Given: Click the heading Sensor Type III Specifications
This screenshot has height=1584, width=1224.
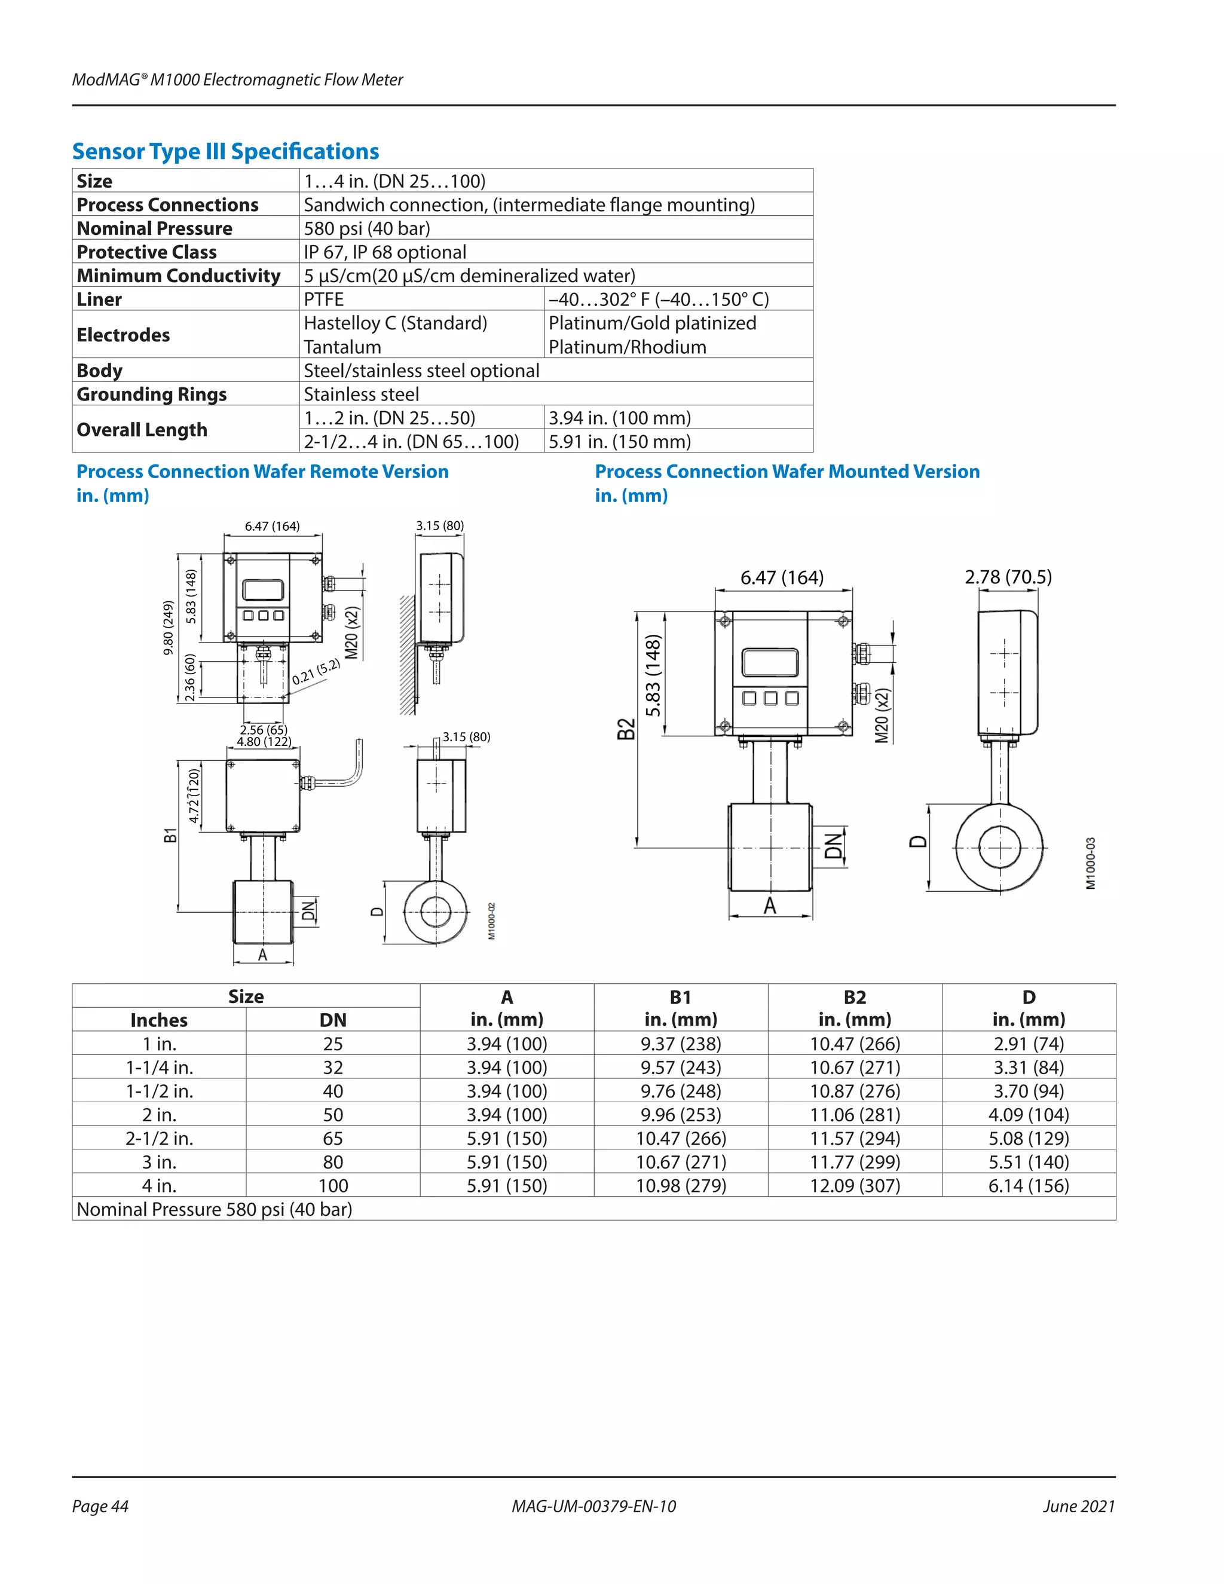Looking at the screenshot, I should (x=225, y=152).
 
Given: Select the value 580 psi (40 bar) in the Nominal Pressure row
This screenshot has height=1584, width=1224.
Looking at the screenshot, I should (x=367, y=228).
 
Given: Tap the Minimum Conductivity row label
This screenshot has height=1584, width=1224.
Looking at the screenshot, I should (x=178, y=276).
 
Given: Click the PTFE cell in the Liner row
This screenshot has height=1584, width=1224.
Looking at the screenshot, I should (x=323, y=299).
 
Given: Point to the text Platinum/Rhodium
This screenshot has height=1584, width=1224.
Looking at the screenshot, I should (x=627, y=347).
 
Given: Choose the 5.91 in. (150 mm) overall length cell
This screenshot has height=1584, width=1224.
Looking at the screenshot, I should (x=619, y=442).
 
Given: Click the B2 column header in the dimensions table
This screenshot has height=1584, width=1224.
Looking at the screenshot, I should (x=854, y=1007).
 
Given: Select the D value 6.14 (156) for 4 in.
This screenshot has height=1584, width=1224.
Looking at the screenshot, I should (x=1028, y=1185).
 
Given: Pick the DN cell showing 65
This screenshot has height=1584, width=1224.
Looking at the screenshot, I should (x=333, y=1138).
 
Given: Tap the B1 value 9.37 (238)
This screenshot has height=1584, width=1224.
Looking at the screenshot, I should (x=680, y=1044).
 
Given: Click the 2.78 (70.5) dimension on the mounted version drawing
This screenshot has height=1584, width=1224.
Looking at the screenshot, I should (x=1007, y=577).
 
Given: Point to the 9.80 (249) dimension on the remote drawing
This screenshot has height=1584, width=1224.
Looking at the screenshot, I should (x=168, y=628).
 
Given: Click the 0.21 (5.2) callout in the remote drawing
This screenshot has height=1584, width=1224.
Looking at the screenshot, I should (x=316, y=672).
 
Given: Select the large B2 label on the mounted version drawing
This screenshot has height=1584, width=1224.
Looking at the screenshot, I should (x=626, y=728).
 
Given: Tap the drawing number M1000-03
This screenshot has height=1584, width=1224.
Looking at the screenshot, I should (x=1091, y=863).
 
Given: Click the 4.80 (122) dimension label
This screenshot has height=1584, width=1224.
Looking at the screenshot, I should (x=264, y=742).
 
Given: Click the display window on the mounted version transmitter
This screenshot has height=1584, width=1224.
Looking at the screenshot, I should (x=769, y=663).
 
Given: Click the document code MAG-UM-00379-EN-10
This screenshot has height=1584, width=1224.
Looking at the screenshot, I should (x=593, y=1506).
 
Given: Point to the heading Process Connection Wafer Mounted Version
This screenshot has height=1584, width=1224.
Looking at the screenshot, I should (x=787, y=472).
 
